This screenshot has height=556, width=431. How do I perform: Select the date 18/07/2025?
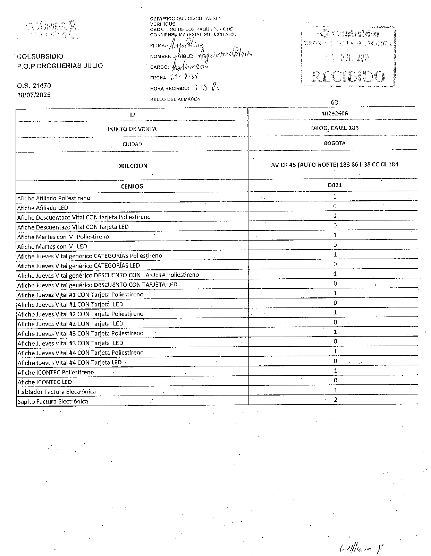click(x=34, y=95)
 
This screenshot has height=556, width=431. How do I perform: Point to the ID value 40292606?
click(x=335, y=113)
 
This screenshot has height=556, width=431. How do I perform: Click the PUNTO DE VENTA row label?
click(x=132, y=129)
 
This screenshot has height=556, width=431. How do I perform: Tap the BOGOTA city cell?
click(x=335, y=143)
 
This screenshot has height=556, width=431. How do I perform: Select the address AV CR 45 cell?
click(x=335, y=164)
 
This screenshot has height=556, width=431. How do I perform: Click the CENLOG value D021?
click(x=335, y=185)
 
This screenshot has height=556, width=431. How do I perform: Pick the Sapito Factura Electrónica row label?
click(x=53, y=401)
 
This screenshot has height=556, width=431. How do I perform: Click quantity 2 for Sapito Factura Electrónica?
click(x=336, y=399)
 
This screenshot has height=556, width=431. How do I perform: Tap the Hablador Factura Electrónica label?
click(x=57, y=392)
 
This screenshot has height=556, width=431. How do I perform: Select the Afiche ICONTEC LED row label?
click(x=45, y=382)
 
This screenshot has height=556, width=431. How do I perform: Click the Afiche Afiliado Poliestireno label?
click(x=54, y=198)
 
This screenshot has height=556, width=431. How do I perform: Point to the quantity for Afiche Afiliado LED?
click(x=335, y=206)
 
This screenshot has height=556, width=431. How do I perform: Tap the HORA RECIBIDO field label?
click(x=170, y=89)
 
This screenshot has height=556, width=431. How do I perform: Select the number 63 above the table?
click(x=335, y=102)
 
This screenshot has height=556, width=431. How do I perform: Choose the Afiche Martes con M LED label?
click(x=52, y=246)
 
